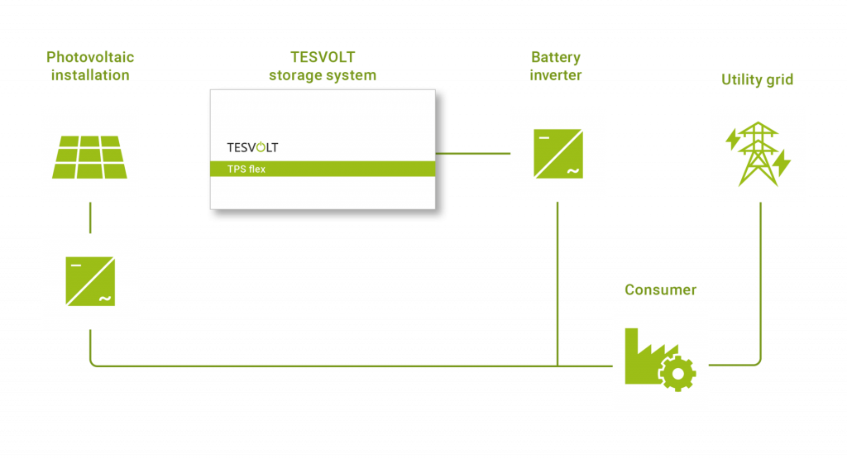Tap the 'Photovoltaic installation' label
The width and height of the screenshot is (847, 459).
point(90,66)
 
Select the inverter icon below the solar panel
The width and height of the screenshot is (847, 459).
point(90,281)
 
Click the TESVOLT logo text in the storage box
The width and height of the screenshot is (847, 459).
point(252,147)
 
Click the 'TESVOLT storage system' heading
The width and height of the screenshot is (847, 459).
point(323,66)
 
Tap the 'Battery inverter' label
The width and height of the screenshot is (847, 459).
point(556,66)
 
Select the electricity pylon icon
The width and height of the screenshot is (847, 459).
point(758,155)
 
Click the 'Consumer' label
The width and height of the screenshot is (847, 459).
point(660,290)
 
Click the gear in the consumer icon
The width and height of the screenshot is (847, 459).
point(677,373)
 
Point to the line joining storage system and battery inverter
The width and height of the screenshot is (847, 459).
point(471,153)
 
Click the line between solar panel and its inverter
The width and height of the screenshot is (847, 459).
point(90,217)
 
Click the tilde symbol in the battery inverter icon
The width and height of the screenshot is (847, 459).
point(571,171)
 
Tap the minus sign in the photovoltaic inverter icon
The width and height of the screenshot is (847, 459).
point(75,265)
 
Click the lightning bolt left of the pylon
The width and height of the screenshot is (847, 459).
point(732,140)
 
